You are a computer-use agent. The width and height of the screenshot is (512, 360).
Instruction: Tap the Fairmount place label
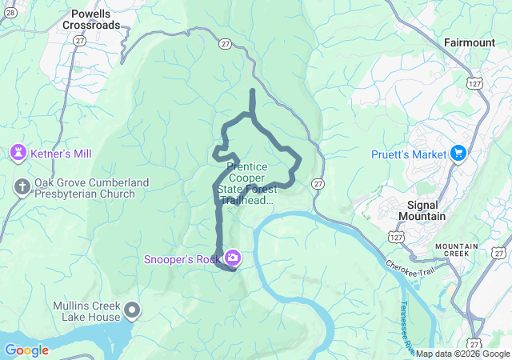[473, 41]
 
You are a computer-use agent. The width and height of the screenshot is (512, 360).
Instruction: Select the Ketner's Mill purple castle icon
[18, 152]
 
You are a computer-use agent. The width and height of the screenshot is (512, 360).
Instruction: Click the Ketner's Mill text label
[60, 152]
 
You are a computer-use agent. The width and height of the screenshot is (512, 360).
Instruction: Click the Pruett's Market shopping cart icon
[458, 154]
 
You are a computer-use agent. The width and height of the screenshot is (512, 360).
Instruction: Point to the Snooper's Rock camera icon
[233, 258]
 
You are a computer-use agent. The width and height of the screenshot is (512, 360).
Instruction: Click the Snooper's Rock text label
[182, 258]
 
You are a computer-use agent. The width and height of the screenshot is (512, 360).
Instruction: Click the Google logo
[27, 350]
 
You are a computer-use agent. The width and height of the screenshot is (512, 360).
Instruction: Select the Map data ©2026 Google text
[462, 354]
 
